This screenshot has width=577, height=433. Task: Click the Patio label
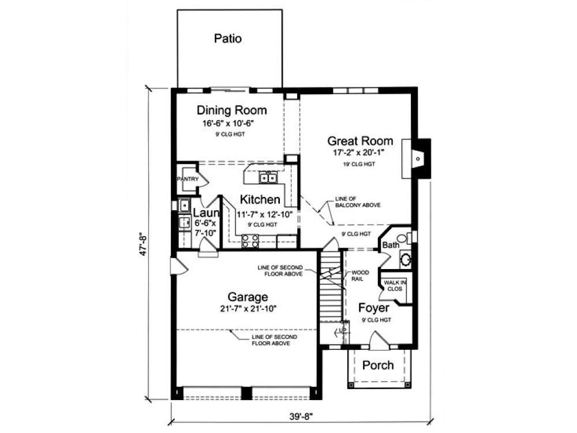227,39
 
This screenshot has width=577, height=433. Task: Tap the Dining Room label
231,110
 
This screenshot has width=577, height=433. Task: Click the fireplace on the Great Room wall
418,156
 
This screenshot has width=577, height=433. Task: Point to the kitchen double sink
268,178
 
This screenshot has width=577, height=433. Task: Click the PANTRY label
188,180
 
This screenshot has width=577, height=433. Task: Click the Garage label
247,297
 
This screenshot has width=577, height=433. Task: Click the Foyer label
373,308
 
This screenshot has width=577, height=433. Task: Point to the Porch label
378,365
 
